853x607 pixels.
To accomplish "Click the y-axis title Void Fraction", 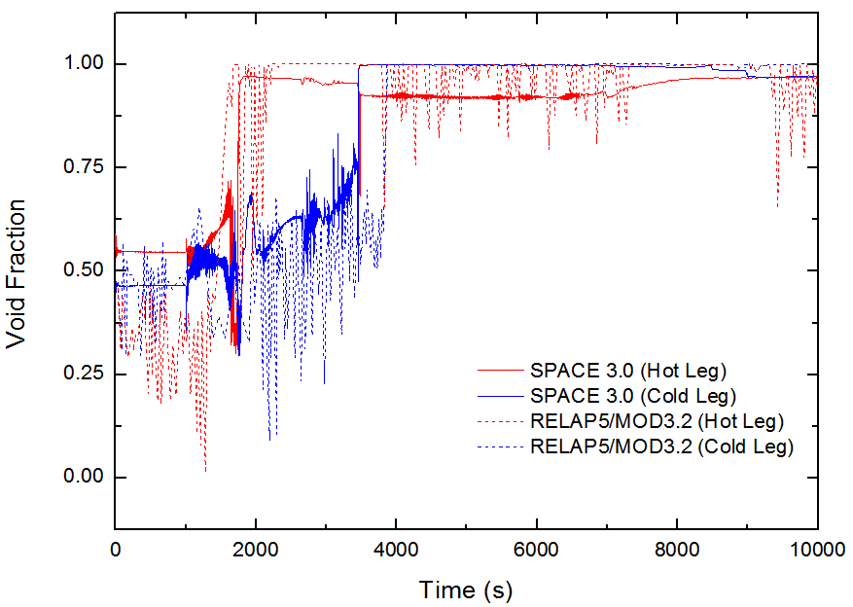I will pyautogui.click(x=17, y=273).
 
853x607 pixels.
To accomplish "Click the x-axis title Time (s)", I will pyautogui.click(x=466, y=589).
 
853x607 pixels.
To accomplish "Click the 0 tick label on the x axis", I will pyautogui.click(x=116, y=548).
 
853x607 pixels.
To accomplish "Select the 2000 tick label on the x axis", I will pyautogui.click(x=256, y=548).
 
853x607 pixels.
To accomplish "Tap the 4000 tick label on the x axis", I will pyautogui.click(x=396, y=548).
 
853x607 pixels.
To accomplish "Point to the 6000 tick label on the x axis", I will pyautogui.click(x=537, y=548).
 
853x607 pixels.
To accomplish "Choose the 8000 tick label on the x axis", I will pyautogui.click(x=677, y=548).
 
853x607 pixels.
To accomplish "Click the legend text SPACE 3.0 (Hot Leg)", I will pyautogui.click(x=628, y=371).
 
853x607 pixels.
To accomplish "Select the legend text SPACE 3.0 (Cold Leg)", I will pyautogui.click(x=632, y=396).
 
